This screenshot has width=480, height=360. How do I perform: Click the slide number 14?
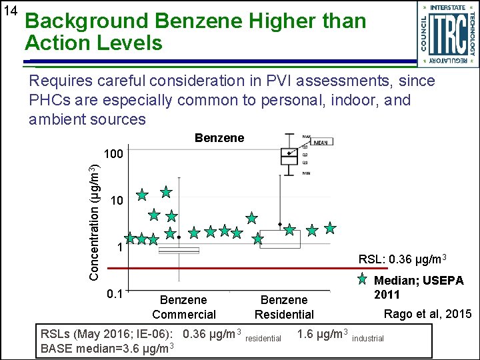pyautogui.click(x=10, y=11)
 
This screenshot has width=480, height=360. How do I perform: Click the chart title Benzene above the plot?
pyautogui.click(x=219, y=138)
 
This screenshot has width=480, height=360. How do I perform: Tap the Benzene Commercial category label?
pyautogui.click(x=184, y=307)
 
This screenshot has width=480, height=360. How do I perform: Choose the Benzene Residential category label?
pyautogui.click(x=284, y=307)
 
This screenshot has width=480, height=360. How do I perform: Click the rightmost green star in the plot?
pyautogui.click(x=330, y=228)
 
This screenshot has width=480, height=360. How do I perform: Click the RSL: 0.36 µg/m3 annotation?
pyautogui.click(x=402, y=259)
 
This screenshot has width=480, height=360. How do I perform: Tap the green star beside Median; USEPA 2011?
pyautogui.click(x=363, y=279)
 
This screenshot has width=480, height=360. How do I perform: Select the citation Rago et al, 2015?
pyautogui.click(x=427, y=314)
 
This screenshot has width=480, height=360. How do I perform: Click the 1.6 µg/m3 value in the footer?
pyautogui.click(x=323, y=334)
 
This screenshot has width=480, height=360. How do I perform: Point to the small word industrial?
pyautogui.click(x=367, y=339)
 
